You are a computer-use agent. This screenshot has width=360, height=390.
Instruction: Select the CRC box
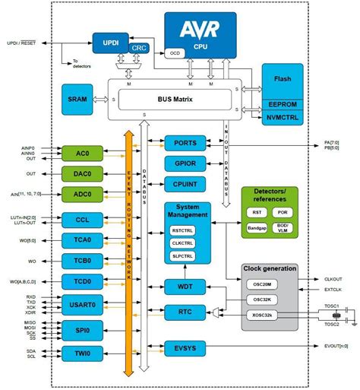click(x=137, y=47)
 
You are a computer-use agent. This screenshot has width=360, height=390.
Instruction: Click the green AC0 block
click(x=82, y=153)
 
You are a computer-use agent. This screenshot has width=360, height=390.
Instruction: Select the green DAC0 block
click(x=82, y=173)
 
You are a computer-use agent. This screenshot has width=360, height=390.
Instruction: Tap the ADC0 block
click(x=82, y=194)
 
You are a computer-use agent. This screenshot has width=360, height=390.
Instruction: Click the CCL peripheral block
click(x=82, y=220)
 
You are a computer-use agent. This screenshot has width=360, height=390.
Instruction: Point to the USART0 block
click(x=82, y=306)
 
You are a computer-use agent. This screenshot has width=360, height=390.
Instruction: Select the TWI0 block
click(x=82, y=354)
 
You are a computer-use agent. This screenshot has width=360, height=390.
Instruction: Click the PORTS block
click(x=186, y=143)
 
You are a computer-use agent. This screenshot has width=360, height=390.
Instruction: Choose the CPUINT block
click(x=186, y=183)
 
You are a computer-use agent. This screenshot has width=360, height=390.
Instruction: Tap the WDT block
click(x=186, y=286)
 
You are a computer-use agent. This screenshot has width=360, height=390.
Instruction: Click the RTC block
click(x=186, y=311)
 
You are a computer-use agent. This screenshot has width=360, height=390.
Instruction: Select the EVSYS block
click(x=186, y=349)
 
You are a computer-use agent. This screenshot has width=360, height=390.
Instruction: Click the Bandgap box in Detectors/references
click(x=257, y=227)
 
